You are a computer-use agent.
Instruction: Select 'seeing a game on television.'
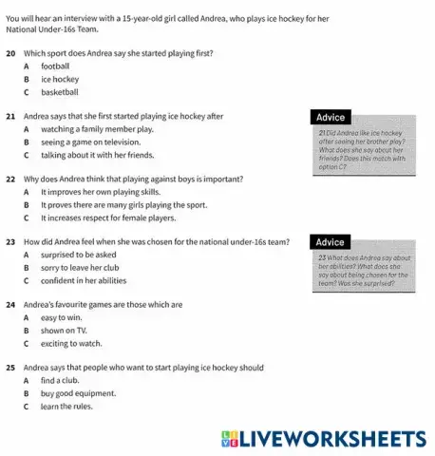97,142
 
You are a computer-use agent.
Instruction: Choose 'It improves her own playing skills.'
110,191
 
